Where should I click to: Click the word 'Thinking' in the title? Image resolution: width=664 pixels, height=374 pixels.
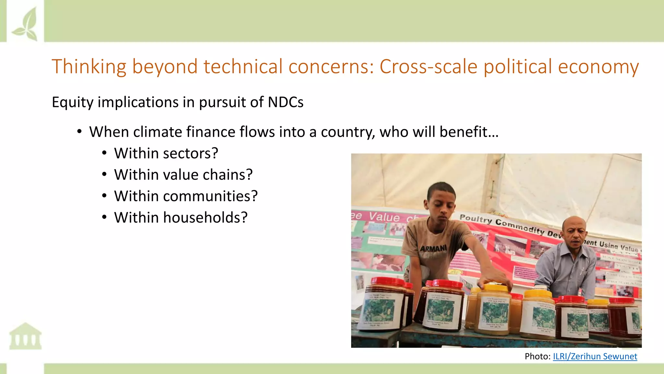[89, 67]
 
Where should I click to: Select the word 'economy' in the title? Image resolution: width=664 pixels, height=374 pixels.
[598, 67]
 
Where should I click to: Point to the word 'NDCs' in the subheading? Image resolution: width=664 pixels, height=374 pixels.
[285, 102]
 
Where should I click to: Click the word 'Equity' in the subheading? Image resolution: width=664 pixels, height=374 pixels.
[73, 102]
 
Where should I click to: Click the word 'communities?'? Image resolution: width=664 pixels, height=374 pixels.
[210, 196]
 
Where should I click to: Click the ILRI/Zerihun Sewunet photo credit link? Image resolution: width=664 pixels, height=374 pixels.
[595, 356]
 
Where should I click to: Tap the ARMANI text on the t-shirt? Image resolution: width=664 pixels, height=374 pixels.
[433, 249]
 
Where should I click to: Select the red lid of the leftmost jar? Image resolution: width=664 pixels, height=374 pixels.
[388, 281]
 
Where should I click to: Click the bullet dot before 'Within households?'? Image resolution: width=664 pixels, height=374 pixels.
[104, 217]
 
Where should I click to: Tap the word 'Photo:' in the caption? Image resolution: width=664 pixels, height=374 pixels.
[537, 356]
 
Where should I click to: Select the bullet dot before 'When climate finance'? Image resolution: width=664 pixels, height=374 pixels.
[79, 132]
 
